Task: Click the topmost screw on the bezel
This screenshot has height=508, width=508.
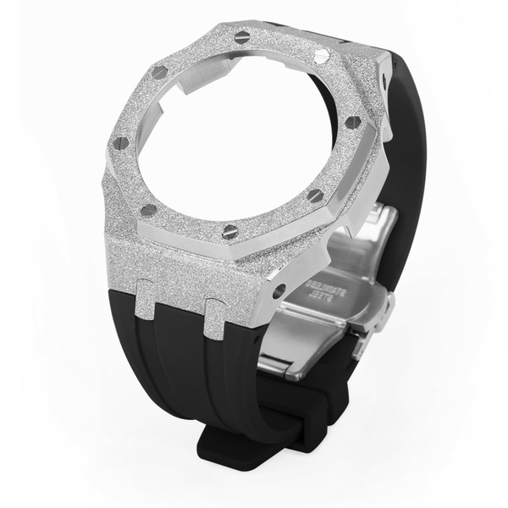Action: [x=243, y=36]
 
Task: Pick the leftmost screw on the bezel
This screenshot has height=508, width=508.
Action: [x=121, y=142]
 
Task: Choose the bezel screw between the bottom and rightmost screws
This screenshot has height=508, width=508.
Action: [x=315, y=196]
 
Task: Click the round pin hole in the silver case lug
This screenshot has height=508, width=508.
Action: [x=279, y=290]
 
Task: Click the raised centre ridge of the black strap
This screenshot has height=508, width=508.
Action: [x=182, y=364]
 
